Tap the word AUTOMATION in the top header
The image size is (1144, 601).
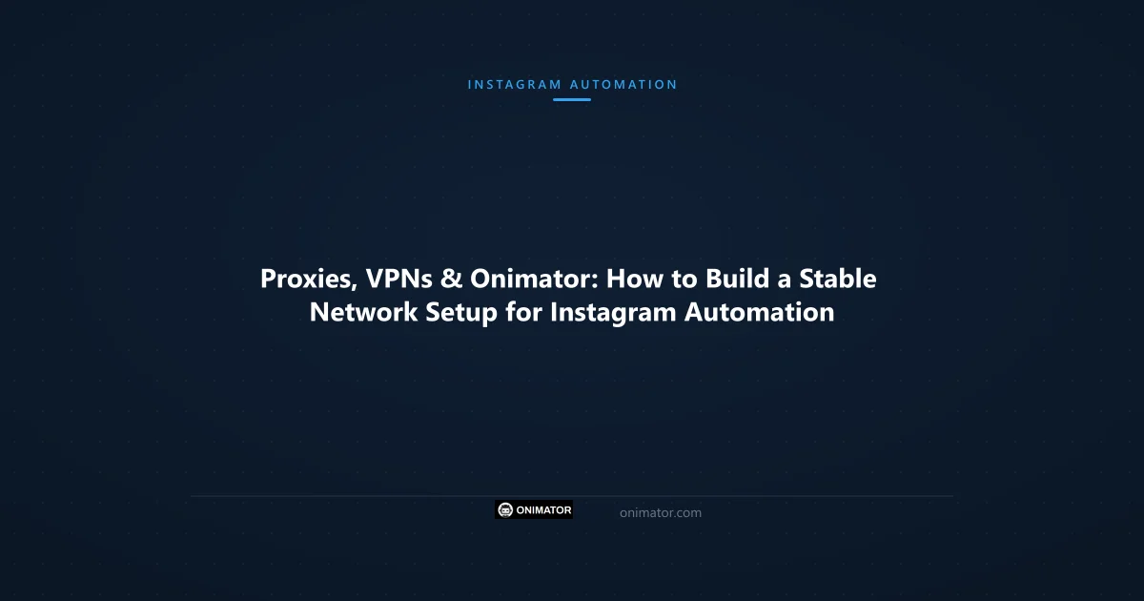coord(623,84)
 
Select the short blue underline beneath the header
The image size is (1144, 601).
coord(572,99)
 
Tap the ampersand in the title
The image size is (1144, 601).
coord(452,280)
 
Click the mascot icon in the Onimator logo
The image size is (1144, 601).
coord(505,510)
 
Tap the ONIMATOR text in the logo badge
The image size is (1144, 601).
coord(543,510)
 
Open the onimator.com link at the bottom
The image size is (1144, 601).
coord(661,512)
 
